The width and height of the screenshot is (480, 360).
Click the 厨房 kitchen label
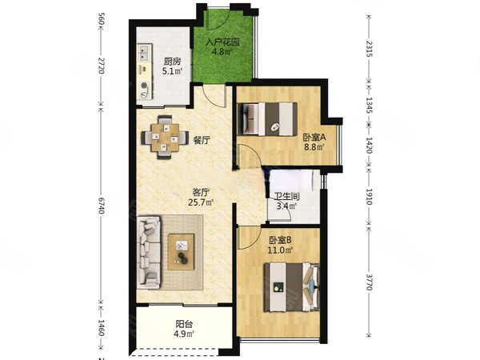[171, 61]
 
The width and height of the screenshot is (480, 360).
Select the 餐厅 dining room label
[202, 140]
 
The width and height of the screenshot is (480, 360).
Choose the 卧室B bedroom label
[280, 239]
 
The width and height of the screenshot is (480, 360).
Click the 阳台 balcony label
[184, 324]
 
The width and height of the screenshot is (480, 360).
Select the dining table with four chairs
[163, 137]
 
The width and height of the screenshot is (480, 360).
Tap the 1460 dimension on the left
[102, 328]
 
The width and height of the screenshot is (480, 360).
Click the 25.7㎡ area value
[202, 203]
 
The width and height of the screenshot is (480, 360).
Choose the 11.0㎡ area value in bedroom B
[280, 250]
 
